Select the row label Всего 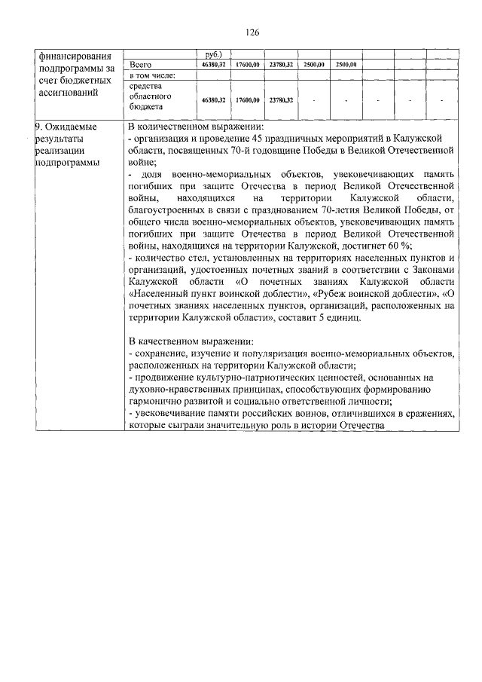(x=142, y=66)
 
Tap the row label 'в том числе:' (x=153, y=76)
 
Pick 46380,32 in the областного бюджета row (x=213, y=99)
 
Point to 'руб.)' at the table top (x=213, y=55)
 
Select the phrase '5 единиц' (x=342, y=317)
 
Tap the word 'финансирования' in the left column (x=72, y=56)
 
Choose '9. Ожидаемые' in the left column (x=68, y=127)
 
